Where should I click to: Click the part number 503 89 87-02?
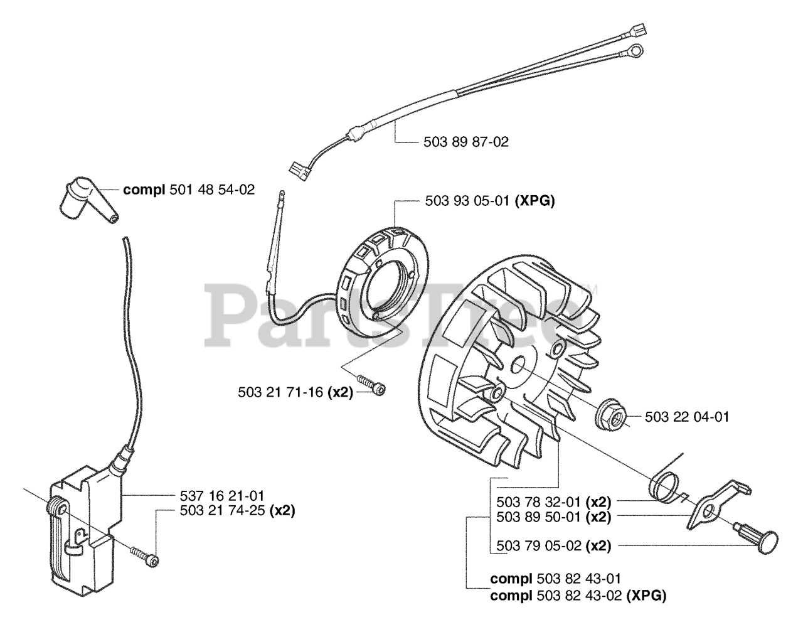[462, 142]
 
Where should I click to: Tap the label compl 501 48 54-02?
[189, 189]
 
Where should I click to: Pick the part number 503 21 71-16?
[280, 392]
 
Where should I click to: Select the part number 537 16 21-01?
[213, 496]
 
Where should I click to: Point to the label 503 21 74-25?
[213, 511]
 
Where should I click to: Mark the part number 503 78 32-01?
[537, 502]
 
